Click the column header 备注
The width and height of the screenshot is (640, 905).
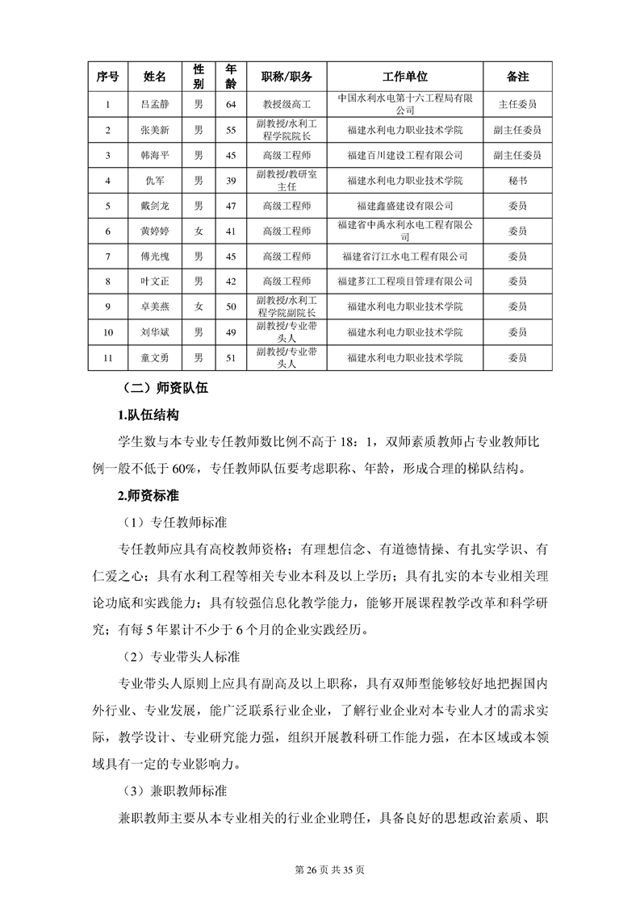click(x=517, y=77)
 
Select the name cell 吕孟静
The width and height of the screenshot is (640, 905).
click(x=155, y=104)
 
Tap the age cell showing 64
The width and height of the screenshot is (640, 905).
click(x=231, y=104)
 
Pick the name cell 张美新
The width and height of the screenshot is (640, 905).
click(x=155, y=129)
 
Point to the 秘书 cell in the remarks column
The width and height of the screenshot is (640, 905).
click(x=517, y=180)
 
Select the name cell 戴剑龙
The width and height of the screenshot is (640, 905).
click(x=155, y=206)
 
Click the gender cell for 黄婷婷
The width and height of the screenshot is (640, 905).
click(x=199, y=231)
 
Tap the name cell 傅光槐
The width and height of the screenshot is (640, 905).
click(x=155, y=256)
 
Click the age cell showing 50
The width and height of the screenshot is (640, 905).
click(x=231, y=307)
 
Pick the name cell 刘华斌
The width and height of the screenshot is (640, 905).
click(x=155, y=332)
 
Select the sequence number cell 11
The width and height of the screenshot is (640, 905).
click(x=107, y=357)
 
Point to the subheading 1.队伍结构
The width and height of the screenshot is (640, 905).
click(x=148, y=415)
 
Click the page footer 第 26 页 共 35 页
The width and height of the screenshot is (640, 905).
click(x=320, y=870)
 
